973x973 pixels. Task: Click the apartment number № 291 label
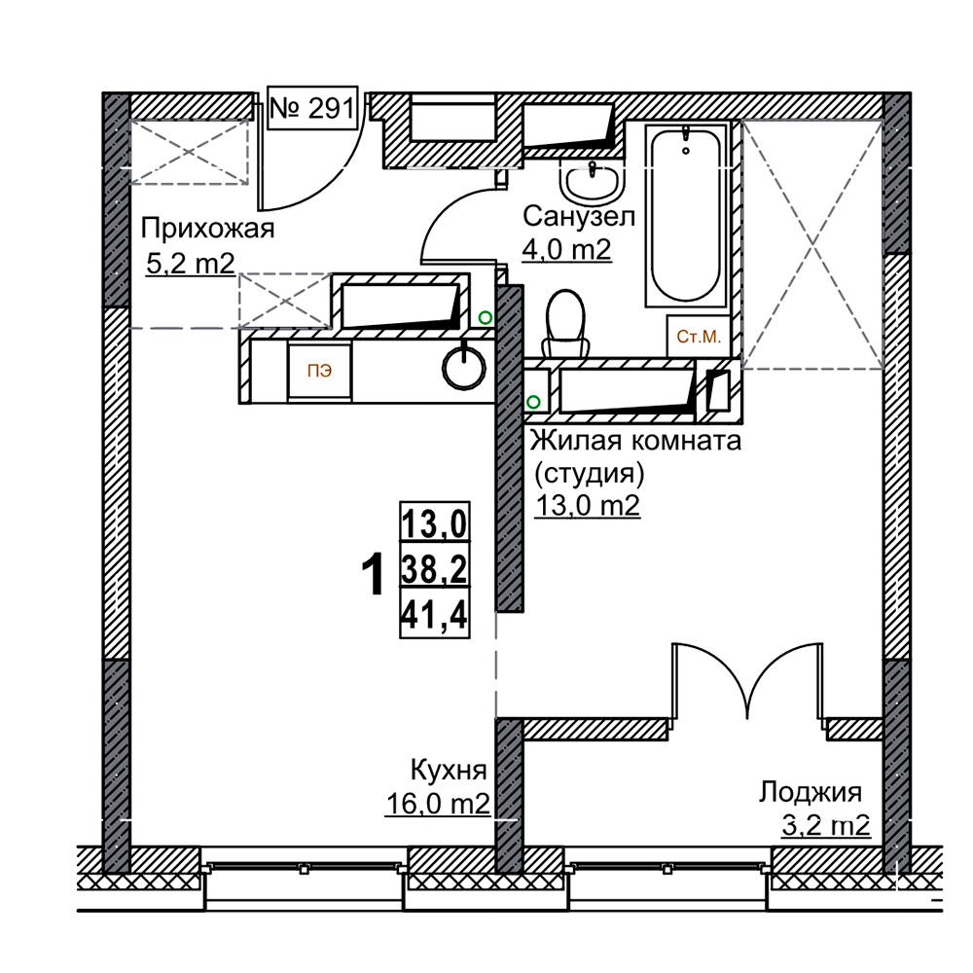coord(312,108)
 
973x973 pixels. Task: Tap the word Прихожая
coord(207,230)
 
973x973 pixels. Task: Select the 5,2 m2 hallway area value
coord(191,265)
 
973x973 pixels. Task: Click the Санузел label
coord(578,217)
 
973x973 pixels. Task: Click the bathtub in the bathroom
coord(686,214)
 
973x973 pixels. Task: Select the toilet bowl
coord(564,323)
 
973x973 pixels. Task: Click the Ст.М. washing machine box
coord(698,337)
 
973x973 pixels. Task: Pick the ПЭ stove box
coord(319,371)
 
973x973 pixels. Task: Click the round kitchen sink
coord(463,368)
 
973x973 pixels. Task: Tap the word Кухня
coord(449,771)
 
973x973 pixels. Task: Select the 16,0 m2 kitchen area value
coord(438,805)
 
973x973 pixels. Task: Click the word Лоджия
coord(811,793)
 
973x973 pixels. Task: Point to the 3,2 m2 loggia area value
coord(826,826)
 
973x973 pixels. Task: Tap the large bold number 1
coord(373,576)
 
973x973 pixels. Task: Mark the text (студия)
coord(590,474)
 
